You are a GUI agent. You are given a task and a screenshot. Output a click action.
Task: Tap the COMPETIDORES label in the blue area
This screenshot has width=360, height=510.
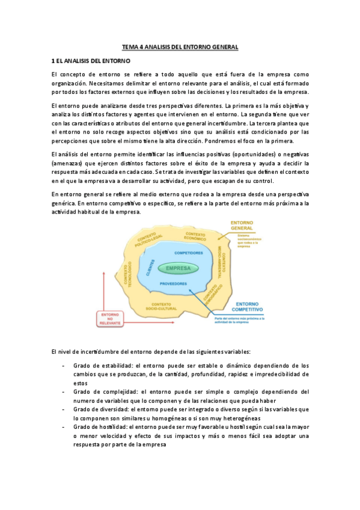coord(180,253)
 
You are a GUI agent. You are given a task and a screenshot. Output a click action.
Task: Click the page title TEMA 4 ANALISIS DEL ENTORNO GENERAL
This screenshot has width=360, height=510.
coord(180,46)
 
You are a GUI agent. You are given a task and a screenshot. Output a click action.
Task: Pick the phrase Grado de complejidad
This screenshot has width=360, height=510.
coord(102,392)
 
